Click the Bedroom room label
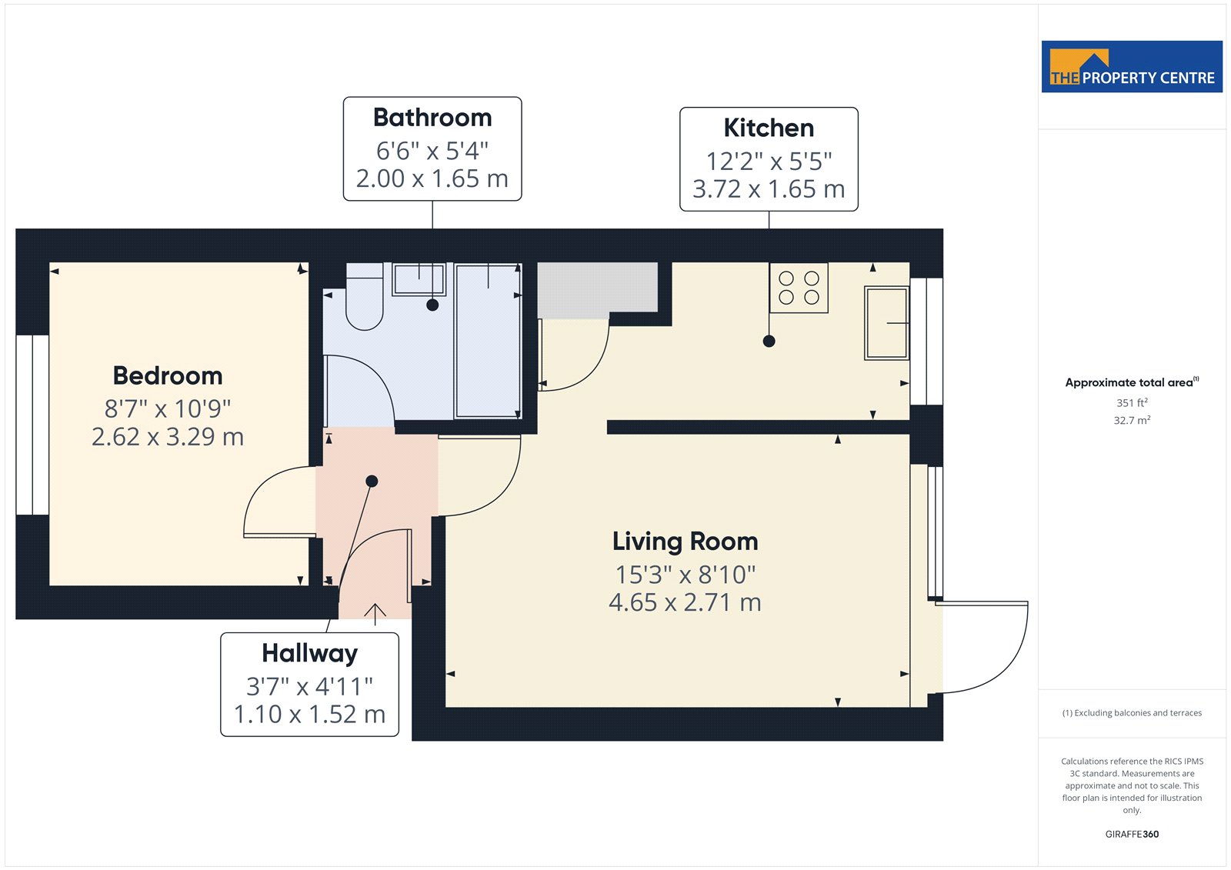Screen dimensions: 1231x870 click(168, 376)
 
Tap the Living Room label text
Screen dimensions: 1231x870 click(686, 542)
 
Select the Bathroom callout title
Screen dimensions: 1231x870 click(432, 118)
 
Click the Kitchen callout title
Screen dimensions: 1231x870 click(769, 128)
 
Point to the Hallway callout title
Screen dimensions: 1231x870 click(309, 654)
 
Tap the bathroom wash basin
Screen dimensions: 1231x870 click(419, 279)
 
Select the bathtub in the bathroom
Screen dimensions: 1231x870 click(488, 341)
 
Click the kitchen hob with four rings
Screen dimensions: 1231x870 click(799, 288)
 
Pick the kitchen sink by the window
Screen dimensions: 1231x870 click(886, 323)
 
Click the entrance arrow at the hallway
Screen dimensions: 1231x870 click(375, 615)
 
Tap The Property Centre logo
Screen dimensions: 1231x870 click(1132, 66)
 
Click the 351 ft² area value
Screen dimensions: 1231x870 click(1132, 403)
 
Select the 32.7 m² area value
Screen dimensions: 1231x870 click(1132, 421)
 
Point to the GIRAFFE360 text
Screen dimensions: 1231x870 click(1132, 834)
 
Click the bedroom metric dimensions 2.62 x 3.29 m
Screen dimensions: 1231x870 click(168, 438)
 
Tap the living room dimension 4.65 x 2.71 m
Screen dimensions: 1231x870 click(686, 603)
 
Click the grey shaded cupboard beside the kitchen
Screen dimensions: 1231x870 click(597, 290)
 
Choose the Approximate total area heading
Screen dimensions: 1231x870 click(1132, 382)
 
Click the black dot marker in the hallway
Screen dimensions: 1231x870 click(372, 482)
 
